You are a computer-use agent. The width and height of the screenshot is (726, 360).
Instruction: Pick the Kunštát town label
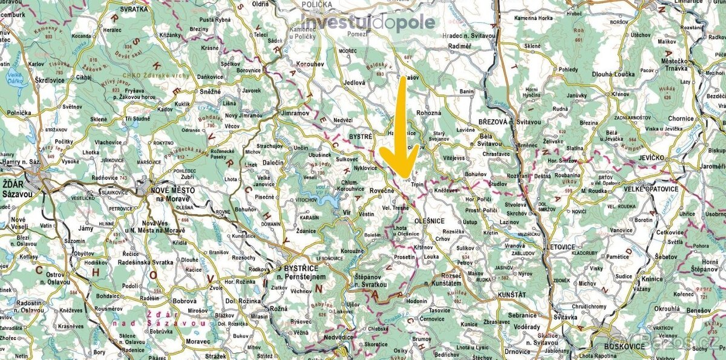coord(515,294)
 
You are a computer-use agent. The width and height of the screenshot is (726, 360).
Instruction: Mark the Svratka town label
coord(134,10)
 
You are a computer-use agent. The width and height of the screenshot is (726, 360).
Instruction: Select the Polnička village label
coord(19,113)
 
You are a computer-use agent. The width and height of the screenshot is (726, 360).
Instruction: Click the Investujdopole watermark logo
coord(368,23)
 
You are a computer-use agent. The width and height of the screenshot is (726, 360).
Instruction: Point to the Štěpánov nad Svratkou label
coord(375,280)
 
